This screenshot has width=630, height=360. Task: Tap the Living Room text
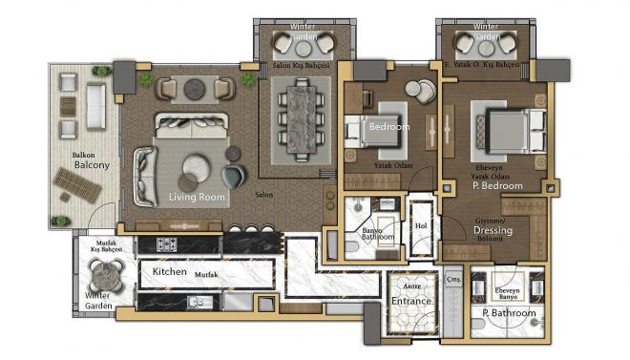(198, 197)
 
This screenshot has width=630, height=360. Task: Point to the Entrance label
(411, 301)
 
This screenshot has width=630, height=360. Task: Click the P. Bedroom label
(498, 186)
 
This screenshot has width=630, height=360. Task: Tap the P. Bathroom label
(509, 313)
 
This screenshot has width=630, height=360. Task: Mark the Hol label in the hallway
(421, 225)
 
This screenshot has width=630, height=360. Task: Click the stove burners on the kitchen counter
(168, 244)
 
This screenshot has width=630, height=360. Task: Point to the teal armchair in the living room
(233, 176)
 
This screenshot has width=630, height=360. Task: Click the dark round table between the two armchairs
(196, 89)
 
